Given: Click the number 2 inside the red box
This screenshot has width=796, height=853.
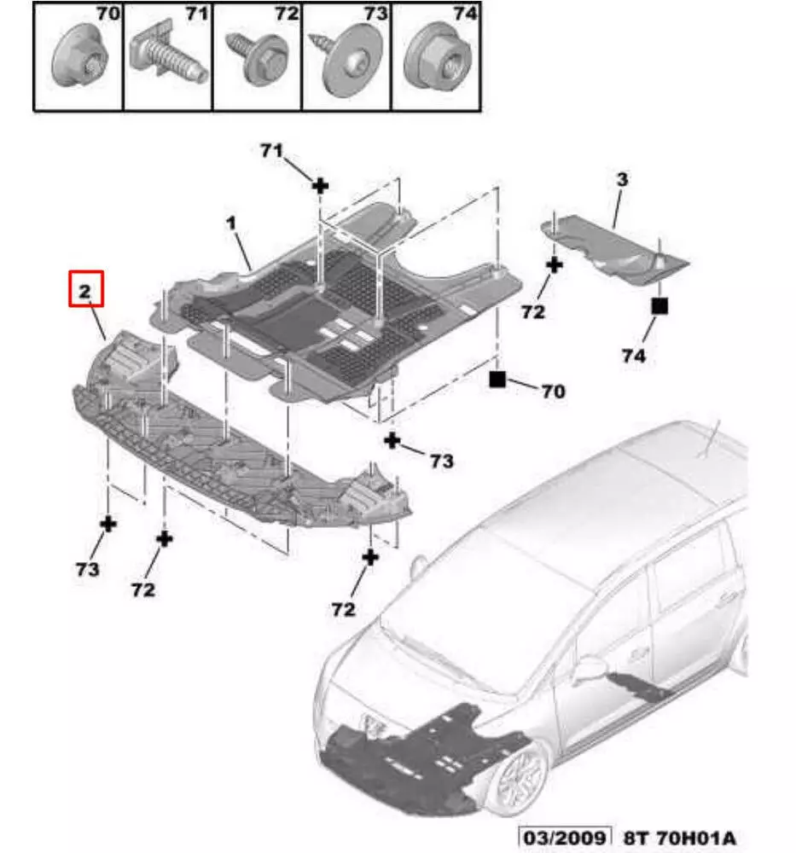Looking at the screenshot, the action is point(84,291).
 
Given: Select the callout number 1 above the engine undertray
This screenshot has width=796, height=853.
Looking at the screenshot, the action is point(231,223).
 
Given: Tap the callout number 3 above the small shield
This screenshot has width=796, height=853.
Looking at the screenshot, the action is point(622,179).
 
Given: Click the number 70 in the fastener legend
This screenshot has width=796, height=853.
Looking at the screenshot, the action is point(107,14).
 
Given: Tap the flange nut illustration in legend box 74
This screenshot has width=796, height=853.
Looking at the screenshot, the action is point(438,57).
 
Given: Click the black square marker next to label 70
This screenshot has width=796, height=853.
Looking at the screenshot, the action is point(497,380).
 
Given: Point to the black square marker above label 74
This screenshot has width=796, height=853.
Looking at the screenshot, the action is point(659,306).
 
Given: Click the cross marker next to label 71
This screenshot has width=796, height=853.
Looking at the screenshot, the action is point(321,186).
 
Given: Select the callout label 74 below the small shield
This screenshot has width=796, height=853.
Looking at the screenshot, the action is point(634,356).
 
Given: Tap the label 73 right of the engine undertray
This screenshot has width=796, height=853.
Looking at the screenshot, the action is point(442,461).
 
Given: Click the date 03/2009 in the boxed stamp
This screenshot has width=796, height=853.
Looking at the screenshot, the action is point(565,838).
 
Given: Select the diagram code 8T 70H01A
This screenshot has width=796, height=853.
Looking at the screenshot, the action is point(680,838).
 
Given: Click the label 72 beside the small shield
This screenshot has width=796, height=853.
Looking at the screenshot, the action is point(532,311).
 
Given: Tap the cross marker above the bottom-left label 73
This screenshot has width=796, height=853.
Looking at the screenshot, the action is point(108,525).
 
